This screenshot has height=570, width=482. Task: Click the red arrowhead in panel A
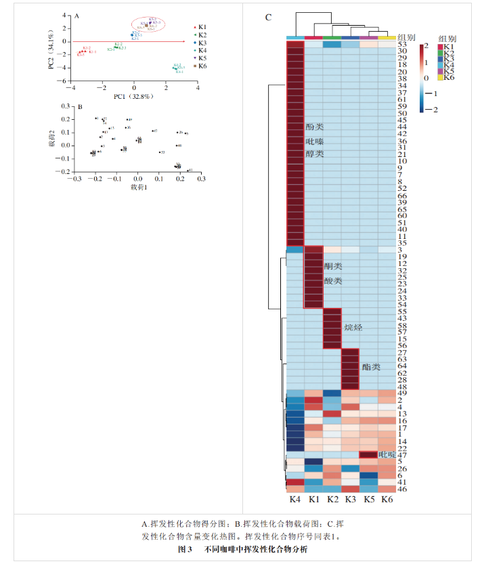(183, 41)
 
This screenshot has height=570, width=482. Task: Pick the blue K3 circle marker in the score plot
(133, 35)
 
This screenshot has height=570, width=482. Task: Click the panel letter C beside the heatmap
(268, 18)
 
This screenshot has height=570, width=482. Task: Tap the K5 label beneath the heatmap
(368, 499)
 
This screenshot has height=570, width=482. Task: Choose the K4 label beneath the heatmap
(295, 499)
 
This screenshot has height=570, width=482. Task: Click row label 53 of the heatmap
(402, 45)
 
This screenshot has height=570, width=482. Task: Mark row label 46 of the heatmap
(402, 488)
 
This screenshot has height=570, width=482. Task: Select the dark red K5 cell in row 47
(368, 455)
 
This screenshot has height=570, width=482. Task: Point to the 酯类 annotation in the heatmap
(371, 367)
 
